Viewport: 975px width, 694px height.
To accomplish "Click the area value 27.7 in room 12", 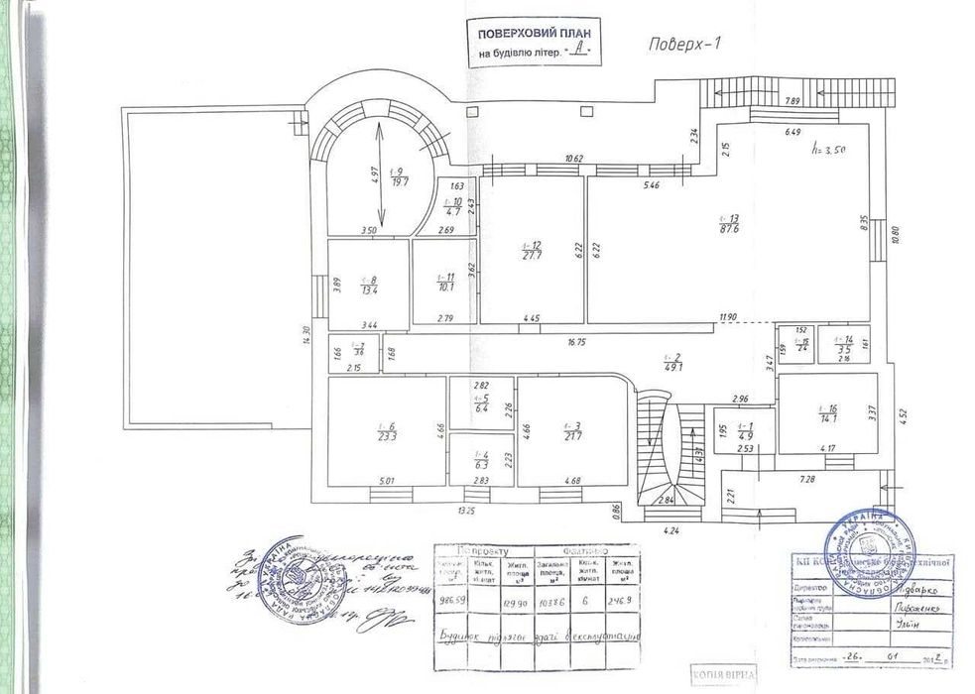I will [x=531, y=256].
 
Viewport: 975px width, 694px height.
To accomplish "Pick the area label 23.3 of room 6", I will [x=387, y=435].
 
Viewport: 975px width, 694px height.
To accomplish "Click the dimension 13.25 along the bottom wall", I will [x=465, y=511].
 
